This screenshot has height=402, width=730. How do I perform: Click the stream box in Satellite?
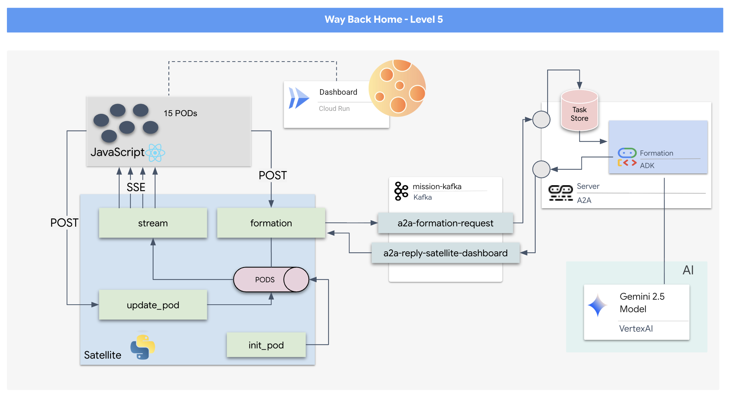pos(153,223)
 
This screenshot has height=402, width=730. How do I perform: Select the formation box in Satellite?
pos(271,223)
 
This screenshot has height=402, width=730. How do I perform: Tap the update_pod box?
pos(153,305)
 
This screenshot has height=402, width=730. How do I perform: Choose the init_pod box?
pos(266,345)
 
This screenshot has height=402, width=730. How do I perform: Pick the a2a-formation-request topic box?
pos(445,223)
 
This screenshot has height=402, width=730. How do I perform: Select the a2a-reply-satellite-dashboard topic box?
pos(445,253)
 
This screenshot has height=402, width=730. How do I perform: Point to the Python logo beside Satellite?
pos(143,347)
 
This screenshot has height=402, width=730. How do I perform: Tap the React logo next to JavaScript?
pos(155,153)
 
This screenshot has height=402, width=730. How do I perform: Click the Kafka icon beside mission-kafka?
pos(401,191)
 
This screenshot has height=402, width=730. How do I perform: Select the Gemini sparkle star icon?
pos(598,305)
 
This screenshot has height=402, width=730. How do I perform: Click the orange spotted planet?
pos(398,88)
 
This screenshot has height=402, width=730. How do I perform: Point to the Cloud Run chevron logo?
pos(299,98)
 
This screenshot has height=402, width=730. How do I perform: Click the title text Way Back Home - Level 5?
pos(383,19)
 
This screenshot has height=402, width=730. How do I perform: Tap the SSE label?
pos(136,187)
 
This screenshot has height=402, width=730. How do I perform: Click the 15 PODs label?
pos(180,113)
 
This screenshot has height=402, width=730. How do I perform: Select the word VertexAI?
pos(636,329)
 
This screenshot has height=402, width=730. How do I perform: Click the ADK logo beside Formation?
pos(627,158)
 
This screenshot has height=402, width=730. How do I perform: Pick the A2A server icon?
pos(560,193)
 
